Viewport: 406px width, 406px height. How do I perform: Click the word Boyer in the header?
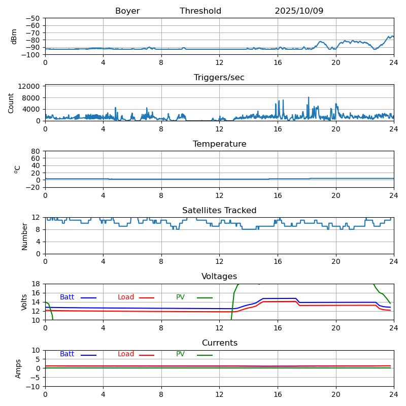[127, 11]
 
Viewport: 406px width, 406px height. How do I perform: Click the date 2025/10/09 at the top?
[299, 11]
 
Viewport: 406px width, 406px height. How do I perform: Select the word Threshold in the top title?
[200, 11]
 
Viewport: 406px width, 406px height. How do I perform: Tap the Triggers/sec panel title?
[219, 78]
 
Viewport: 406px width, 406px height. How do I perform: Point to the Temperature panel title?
[219, 144]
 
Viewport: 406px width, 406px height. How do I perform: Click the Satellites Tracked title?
[219, 211]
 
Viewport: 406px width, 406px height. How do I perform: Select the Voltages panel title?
[219, 277]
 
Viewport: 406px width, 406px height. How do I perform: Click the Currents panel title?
[219, 343]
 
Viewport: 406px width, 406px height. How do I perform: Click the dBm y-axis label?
[14, 36]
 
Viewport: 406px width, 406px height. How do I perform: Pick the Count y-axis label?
[12, 103]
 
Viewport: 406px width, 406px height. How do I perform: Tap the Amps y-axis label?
[18, 368]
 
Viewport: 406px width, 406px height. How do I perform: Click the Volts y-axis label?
[24, 302]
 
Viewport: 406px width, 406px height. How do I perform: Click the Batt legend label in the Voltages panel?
[67, 297]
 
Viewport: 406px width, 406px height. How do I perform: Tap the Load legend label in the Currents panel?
[126, 354]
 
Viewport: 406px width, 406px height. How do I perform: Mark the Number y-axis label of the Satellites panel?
[24, 236]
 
